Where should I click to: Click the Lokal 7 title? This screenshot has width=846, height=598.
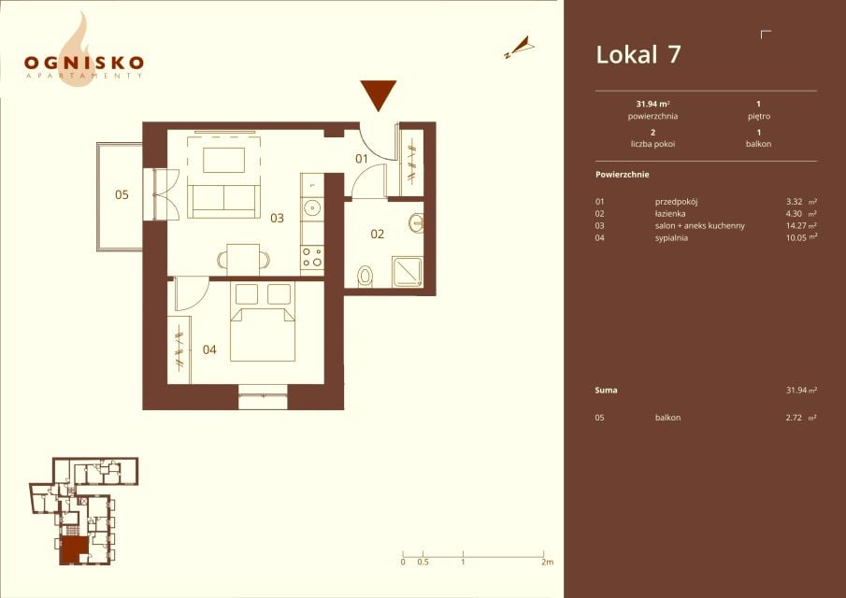point(638,54)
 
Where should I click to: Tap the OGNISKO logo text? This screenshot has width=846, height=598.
point(83,63)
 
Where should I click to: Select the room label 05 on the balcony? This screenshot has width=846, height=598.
point(122,194)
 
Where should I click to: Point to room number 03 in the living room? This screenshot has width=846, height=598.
point(278,218)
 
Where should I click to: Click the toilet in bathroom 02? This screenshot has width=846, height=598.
point(366,277)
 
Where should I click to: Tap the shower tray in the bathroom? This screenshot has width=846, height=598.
point(408,272)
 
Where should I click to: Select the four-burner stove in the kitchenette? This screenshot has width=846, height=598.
point(312,257)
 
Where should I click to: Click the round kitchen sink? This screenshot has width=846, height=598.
point(312,207)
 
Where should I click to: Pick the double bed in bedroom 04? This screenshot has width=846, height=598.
point(263,321)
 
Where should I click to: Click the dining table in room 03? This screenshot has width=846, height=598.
point(243,260)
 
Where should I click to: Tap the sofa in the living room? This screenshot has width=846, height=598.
point(224,201)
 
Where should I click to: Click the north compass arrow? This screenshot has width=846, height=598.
point(520,48)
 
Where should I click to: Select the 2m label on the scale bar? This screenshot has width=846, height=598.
point(547,562)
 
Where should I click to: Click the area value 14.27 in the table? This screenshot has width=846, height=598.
point(796,226)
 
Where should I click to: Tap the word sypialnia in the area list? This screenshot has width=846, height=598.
point(671,237)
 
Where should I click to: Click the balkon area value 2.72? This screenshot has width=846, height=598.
point(794,418)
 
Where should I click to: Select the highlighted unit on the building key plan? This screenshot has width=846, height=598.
point(74,550)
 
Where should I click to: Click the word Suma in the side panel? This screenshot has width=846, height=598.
point(606,391)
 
